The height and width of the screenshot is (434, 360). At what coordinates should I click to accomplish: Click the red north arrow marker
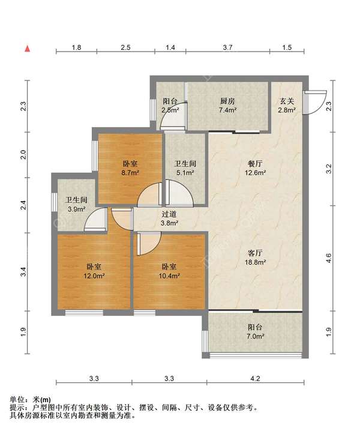tap(28, 49)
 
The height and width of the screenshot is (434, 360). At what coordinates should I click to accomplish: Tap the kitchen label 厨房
tap(227, 101)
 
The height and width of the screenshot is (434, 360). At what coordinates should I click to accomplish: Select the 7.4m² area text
tap(227, 110)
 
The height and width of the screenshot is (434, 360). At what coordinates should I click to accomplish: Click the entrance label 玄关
tap(286, 101)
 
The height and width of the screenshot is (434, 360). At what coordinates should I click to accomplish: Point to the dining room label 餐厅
tap(255, 164)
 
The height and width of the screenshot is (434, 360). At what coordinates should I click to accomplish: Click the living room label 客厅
tap(255, 253)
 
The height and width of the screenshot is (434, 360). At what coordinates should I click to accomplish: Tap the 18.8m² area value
tap(255, 262)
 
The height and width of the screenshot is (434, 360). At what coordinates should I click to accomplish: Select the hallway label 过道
tap(169, 214)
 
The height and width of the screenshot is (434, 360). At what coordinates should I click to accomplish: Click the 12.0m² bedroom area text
tap(94, 276)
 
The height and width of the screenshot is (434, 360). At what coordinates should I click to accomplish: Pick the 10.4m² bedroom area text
tap(169, 276)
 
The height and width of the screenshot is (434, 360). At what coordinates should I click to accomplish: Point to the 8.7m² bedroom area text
tap(130, 173)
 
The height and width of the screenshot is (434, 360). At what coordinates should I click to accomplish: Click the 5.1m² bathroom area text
tap(185, 173)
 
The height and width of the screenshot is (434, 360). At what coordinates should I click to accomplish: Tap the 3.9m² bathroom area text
tap(76, 209)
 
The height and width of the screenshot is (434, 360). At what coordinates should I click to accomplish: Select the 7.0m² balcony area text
tap(255, 336)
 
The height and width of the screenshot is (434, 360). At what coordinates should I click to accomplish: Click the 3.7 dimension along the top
tap(227, 47)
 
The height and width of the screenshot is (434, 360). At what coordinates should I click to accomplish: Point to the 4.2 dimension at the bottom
tap(255, 378)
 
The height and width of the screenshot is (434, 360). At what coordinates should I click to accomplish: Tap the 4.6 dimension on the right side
tap(328, 258)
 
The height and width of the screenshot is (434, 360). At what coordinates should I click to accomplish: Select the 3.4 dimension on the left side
tap(24, 271)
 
